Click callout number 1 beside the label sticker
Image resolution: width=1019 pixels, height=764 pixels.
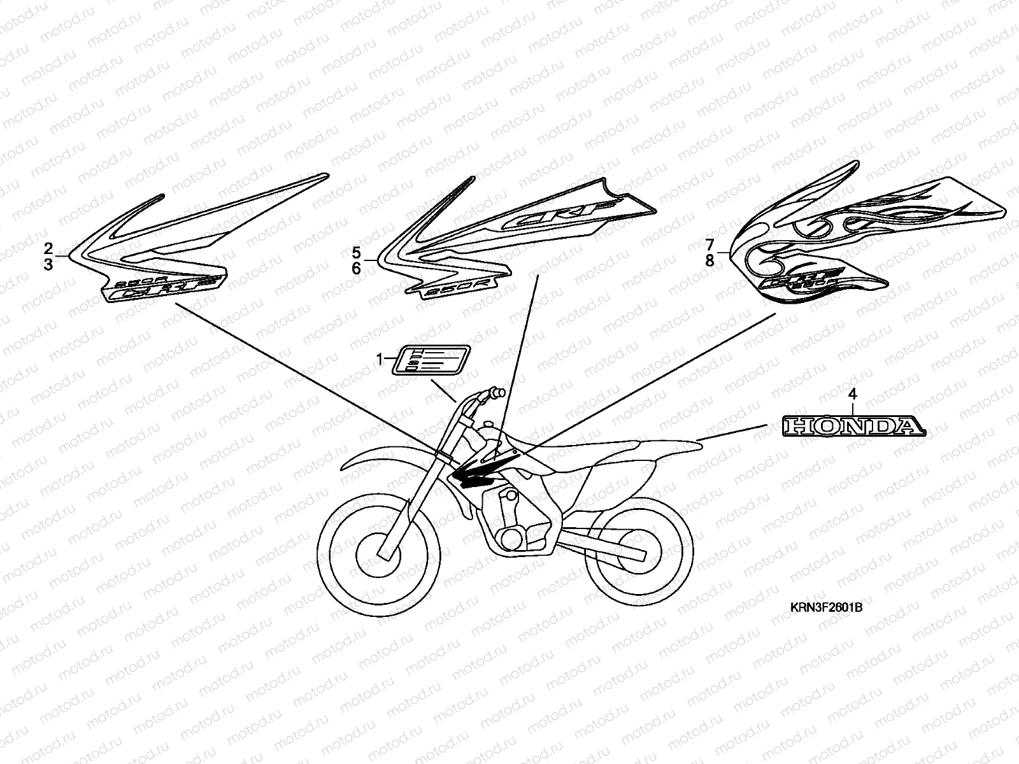point(380,360)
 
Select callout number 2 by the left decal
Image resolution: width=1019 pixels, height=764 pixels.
point(48,247)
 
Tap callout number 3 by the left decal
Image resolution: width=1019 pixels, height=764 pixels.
point(48,264)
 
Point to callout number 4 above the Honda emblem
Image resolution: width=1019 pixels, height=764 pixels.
point(853,395)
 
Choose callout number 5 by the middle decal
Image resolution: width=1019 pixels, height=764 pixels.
point(356,252)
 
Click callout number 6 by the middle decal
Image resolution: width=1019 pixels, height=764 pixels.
point(356,269)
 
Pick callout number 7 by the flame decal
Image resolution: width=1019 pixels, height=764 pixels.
point(710,244)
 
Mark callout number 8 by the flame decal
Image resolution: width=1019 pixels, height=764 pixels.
point(710,260)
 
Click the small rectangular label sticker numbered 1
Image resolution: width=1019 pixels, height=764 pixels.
point(431,360)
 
